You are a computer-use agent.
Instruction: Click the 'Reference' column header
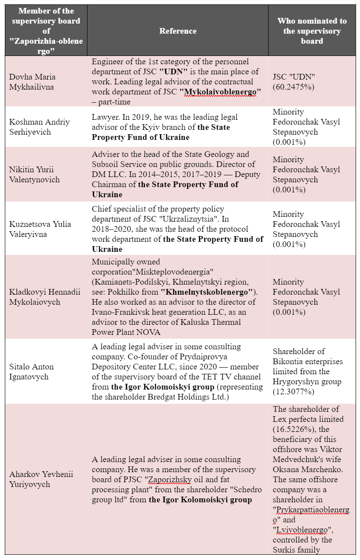tap(178, 31)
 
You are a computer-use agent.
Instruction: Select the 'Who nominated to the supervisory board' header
tap(312, 31)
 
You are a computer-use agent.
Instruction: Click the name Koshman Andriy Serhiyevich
tap(39, 127)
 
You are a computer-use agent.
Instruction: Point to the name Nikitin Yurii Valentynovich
tap(35, 174)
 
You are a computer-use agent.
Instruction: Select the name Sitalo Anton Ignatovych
tap(31, 372)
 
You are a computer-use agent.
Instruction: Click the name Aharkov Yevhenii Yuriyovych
tap(41, 479)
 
